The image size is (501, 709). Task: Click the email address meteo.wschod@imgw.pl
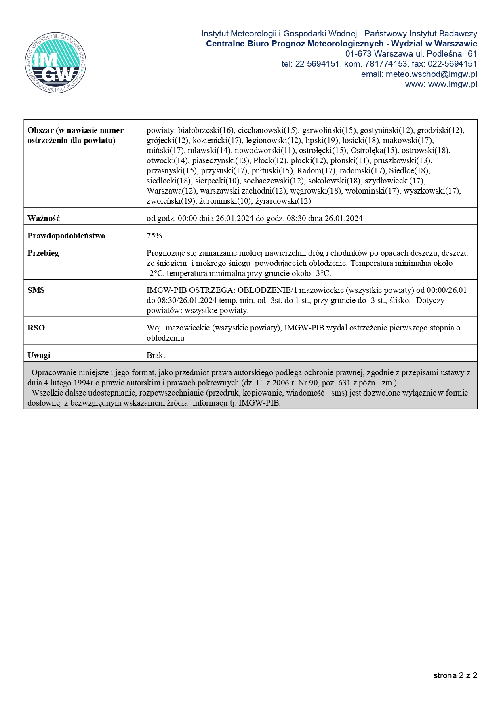(431, 74)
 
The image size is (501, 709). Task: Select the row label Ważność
(44, 218)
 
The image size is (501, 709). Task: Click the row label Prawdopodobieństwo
(66, 236)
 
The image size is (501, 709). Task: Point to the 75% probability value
(154, 236)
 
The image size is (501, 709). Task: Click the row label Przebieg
(43, 253)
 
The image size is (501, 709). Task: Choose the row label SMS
(36, 290)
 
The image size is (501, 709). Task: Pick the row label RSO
(36, 328)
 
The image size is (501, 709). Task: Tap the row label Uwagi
(39, 355)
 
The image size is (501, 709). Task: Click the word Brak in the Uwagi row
(156, 355)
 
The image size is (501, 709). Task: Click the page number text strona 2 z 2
(455, 675)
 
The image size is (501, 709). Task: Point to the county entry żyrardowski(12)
(283, 201)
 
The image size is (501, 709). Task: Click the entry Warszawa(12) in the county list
(171, 191)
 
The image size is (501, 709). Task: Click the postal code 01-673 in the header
(358, 54)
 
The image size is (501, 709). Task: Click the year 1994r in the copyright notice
(84, 383)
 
